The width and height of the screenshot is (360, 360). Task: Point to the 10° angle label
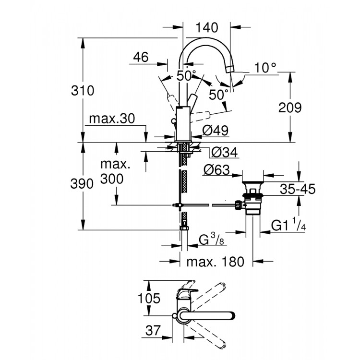pos(265,68)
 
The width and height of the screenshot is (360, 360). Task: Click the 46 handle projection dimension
pos(141,57)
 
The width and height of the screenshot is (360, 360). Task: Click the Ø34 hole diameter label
pos(224,153)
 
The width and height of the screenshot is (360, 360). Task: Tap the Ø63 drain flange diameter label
pos(216,170)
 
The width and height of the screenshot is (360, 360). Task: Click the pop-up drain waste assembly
pos(252,197)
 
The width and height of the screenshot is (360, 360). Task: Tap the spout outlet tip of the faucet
pos(230,71)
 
